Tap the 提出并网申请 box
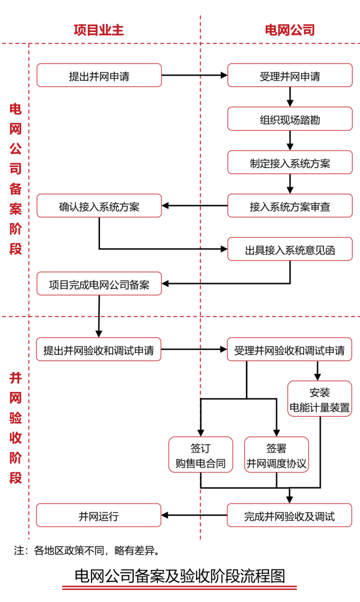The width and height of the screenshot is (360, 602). click(99, 76)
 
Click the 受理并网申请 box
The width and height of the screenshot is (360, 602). click(290, 76)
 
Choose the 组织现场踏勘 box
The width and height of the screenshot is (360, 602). click(290, 119)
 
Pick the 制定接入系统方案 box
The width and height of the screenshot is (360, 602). click(290, 162)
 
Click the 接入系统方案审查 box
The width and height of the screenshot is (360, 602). click(290, 206)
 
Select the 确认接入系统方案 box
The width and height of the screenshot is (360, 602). click(99, 206)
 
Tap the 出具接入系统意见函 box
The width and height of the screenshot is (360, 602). click(290, 249)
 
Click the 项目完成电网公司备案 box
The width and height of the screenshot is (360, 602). click(99, 284)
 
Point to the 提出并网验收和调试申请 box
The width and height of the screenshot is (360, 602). click(99, 349)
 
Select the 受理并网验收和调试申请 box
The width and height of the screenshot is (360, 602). click(290, 349)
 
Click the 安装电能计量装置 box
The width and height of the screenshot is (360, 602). click(320, 399)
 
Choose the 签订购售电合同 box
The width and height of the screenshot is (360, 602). click(200, 454)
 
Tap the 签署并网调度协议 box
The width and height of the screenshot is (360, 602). click(276, 454)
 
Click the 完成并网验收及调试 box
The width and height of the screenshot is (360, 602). click(290, 515)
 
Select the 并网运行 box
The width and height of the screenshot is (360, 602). click(99, 515)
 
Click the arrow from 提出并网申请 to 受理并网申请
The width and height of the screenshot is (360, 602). click(194, 75)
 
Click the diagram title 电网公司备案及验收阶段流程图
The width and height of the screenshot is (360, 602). click(180, 576)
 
